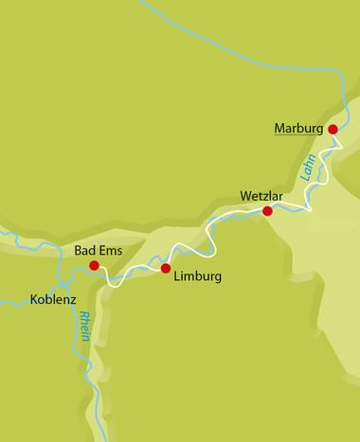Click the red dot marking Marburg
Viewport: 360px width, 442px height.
(333, 129)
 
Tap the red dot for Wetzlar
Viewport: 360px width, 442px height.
(268, 211)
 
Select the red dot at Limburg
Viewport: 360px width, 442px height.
(166, 269)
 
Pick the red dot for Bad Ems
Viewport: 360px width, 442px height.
(94, 266)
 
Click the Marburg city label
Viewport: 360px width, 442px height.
(298, 128)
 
